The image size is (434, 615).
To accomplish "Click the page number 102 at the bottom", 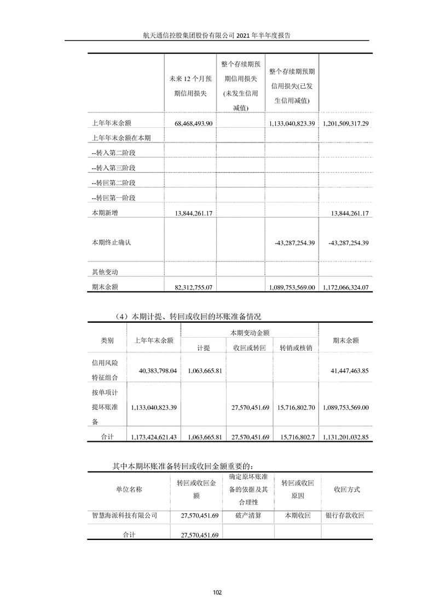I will coord(217,592).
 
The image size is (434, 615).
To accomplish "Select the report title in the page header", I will coord(216,34).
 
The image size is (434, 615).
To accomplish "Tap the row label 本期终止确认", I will coord(112,242).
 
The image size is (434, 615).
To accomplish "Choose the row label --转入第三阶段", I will coord(113,168).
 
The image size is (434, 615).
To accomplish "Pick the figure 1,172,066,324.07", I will coord(345,287).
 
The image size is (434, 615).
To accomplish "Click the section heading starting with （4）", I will coord(181,317).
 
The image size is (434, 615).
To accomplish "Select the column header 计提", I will coord(204,348).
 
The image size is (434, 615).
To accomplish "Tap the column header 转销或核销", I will coord(296,348).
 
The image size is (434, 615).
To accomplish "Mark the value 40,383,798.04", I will coord(154,371).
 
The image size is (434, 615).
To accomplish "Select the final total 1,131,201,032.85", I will coord(345,437).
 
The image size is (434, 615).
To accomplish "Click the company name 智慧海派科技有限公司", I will coord(125,516).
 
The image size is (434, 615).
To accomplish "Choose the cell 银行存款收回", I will coord(345,516).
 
